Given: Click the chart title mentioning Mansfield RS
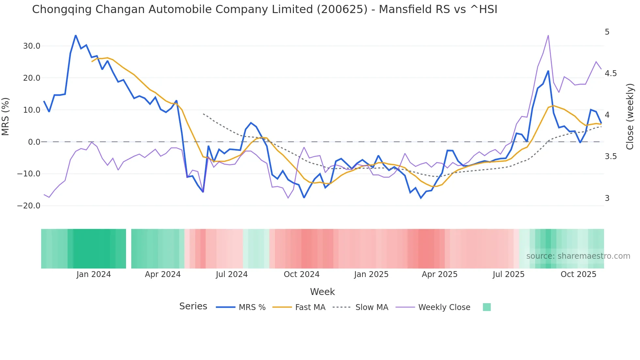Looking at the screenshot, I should [x=264, y=9].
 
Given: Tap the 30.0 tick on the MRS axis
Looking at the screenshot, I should [x=32, y=46].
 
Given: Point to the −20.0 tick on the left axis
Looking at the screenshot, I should [x=29, y=206].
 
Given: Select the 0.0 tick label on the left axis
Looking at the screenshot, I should [x=34, y=142].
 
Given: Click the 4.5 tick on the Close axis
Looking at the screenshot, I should [x=611, y=74].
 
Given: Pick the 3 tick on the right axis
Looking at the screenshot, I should [x=607, y=198].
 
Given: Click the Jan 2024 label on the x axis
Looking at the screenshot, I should [x=94, y=274].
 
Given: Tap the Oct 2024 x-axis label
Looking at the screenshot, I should [x=301, y=274].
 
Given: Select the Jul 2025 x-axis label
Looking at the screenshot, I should [x=508, y=274].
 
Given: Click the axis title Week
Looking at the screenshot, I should [x=322, y=292].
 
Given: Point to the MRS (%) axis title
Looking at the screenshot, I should [x=6, y=117].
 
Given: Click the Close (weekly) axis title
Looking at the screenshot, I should [x=630, y=117].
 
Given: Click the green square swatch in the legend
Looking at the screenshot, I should [x=487, y=307].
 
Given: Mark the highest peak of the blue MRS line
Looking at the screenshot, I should [x=76, y=35].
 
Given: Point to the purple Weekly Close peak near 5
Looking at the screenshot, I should [x=548, y=35].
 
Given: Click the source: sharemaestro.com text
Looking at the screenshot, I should [x=578, y=256].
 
